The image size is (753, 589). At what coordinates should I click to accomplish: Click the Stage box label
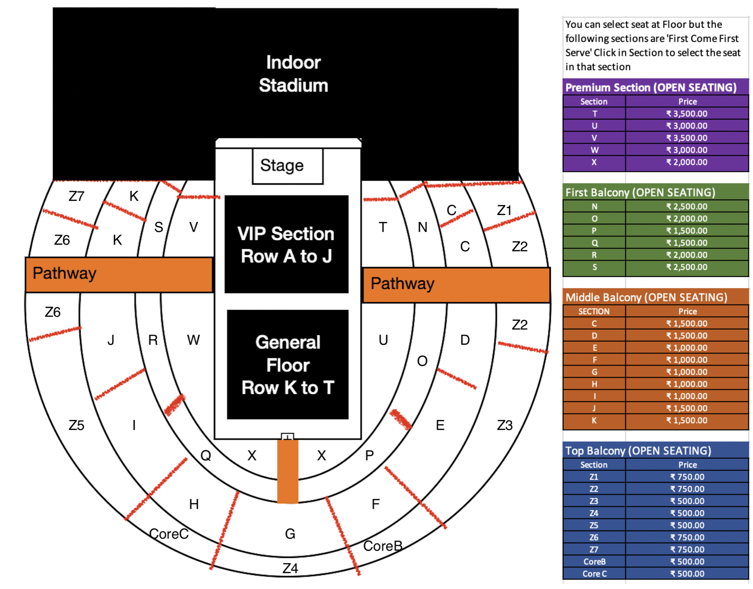tap(282, 166)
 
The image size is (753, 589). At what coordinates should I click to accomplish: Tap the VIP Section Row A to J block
tap(286, 244)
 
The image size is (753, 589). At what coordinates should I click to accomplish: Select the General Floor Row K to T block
tap(288, 365)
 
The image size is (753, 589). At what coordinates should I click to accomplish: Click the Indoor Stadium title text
tap(293, 74)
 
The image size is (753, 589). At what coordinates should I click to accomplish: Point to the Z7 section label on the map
tap(76, 196)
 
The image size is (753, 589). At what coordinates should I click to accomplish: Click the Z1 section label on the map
tap(504, 211)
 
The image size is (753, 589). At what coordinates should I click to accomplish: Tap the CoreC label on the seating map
tap(169, 534)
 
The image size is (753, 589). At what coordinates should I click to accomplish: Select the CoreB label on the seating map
tap(383, 546)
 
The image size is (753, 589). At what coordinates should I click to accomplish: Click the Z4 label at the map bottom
tap(290, 568)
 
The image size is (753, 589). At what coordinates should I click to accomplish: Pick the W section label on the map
tap(193, 340)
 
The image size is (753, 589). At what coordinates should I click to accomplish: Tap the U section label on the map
tap(383, 340)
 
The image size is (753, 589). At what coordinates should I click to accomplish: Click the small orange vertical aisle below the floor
tap(288, 471)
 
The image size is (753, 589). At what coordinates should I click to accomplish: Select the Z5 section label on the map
tap(76, 425)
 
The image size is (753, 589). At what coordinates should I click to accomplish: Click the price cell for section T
tap(687, 114)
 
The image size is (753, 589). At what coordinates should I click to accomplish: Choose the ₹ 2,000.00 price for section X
tap(687, 162)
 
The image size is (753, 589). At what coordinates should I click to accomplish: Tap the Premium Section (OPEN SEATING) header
tap(651, 88)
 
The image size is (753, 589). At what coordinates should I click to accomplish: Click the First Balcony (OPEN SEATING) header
tap(640, 192)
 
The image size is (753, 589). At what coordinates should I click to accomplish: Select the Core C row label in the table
tap(594, 574)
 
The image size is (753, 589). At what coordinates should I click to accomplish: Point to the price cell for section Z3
tap(687, 501)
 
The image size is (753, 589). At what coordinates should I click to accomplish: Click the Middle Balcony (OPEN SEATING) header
tap(646, 297)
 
